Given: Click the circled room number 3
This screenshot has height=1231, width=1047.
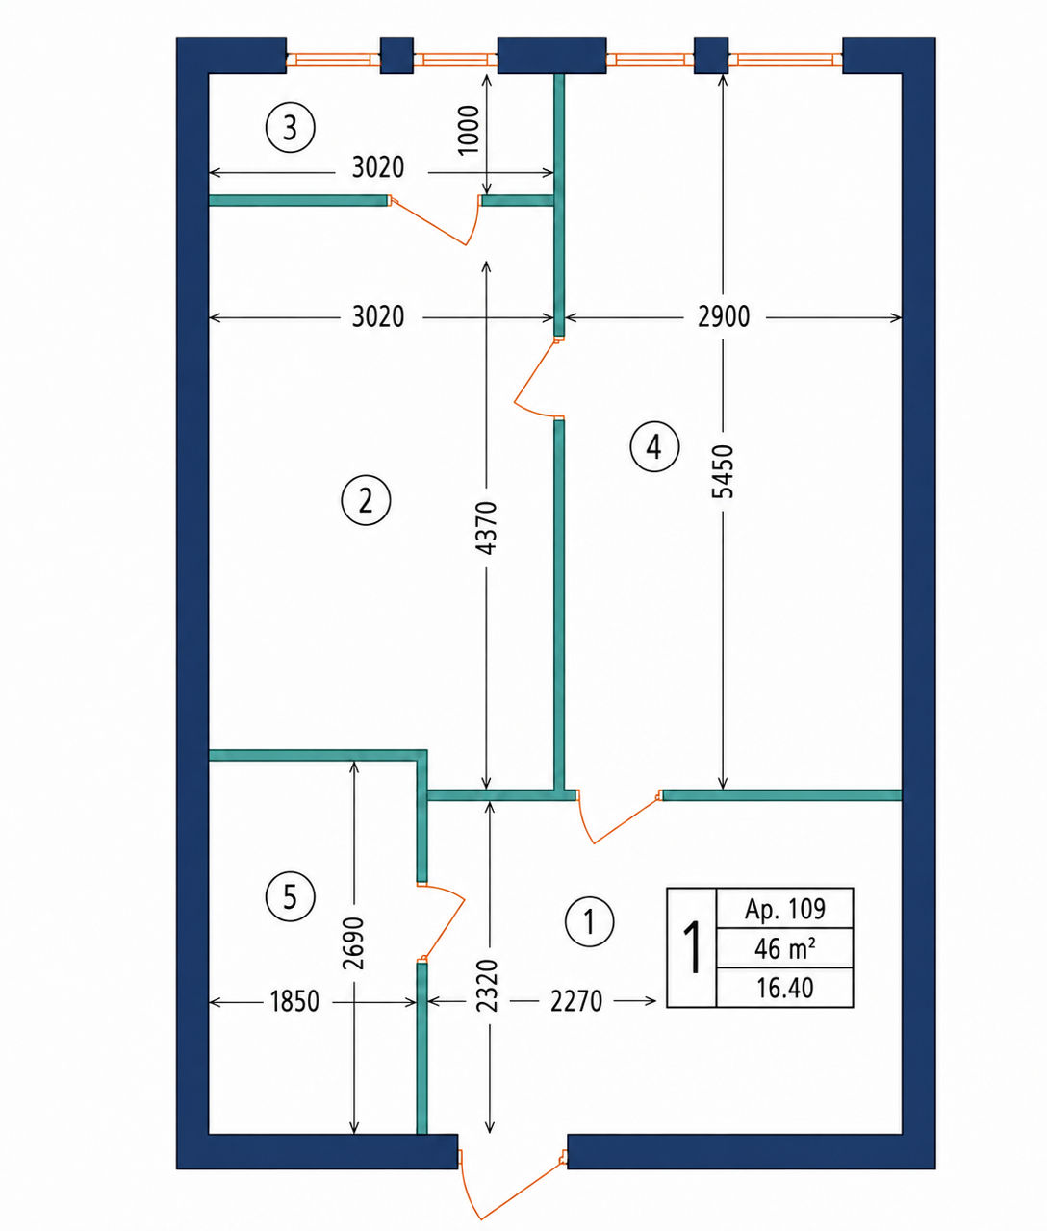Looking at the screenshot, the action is [x=290, y=128].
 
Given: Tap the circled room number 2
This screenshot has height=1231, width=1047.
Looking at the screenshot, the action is [x=366, y=500].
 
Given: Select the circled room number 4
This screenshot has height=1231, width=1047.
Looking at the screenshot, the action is [x=654, y=446].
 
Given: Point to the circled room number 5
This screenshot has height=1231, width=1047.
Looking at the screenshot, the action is [x=290, y=895].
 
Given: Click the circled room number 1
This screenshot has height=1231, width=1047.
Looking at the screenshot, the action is [x=589, y=922].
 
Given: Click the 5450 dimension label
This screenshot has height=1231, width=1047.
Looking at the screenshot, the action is [x=724, y=470].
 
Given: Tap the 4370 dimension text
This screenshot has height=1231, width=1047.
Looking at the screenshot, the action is [x=488, y=528].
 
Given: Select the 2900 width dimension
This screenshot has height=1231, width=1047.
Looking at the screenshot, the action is [x=724, y=316].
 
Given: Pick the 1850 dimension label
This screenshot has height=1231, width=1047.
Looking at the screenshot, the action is [x=294, y=1002].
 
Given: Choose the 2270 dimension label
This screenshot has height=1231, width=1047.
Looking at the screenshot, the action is [x=576, y=1002].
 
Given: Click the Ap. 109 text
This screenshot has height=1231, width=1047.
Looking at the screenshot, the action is [x=785, y=910].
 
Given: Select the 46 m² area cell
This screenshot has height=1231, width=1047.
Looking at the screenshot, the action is [x=785, y=948].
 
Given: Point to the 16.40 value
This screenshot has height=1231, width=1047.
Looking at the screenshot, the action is [x=785, y=988].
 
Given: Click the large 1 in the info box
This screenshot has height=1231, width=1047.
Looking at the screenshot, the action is [x=692, y=947].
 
